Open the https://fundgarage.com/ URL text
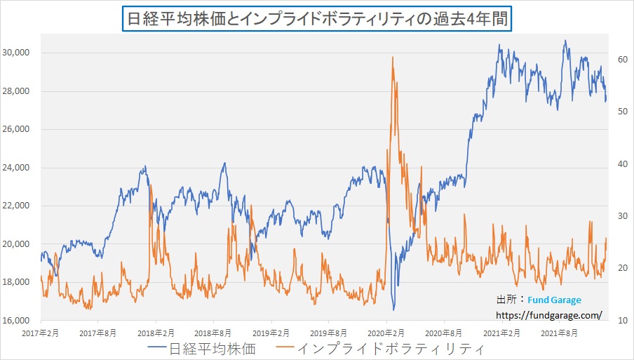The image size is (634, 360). point(548,315)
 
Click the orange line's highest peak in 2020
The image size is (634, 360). point(392,58)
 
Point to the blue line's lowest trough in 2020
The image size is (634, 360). point(393,309)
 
